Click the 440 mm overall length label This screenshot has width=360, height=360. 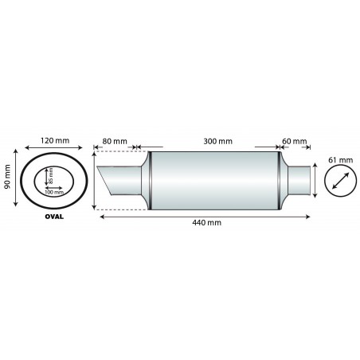click(x=206, y=223)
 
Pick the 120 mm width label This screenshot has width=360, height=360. click(x=55, y=141)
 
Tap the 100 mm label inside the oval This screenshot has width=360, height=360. click(x=54, y=192)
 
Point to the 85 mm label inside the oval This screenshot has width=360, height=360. click(x=50, y=173)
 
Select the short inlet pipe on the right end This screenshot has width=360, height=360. click(x=298, y=181)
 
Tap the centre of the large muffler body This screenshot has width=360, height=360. click(x=213, y=180)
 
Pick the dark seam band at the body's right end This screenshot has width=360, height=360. click(x=280, y=180)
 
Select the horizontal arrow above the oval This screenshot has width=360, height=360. click(x=55, y=149)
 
